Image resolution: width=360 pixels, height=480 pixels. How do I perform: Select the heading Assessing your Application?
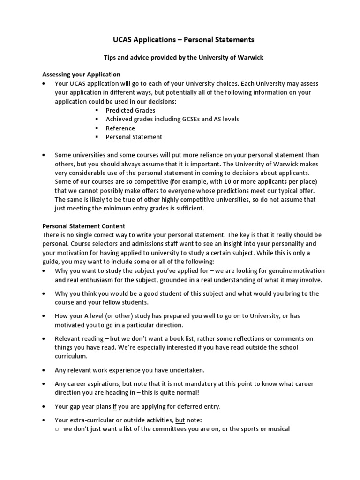point(81,75)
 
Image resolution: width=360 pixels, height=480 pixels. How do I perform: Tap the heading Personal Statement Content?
point(84,226)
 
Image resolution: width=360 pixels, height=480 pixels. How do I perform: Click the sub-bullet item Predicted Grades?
point(130,110)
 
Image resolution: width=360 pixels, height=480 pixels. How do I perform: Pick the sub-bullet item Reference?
point(120,128)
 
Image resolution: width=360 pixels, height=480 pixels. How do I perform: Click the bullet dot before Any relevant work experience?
point(44,370)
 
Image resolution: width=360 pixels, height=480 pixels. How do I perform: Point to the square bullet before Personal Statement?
point(97,137)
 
